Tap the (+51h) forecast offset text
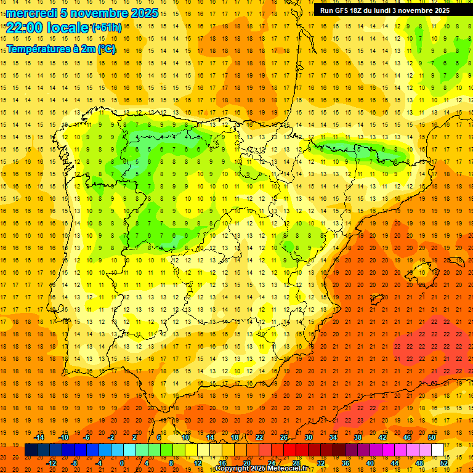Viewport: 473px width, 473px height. (x=106, y=27)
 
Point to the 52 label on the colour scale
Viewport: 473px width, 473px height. (x=445, y=463)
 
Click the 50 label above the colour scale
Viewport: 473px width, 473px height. (x=432, y=437)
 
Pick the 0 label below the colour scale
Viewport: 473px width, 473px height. (x=122, y=463)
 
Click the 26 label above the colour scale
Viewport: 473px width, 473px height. (x=284, y=437)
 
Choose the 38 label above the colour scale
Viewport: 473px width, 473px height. (x=358, y=437)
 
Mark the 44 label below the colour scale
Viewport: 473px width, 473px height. (x=395, y=463)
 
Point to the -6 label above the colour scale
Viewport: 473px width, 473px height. (x=87, y=437)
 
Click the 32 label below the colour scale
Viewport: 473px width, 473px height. (x=321, y=463)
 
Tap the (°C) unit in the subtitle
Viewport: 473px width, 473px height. (x=105, y=48)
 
